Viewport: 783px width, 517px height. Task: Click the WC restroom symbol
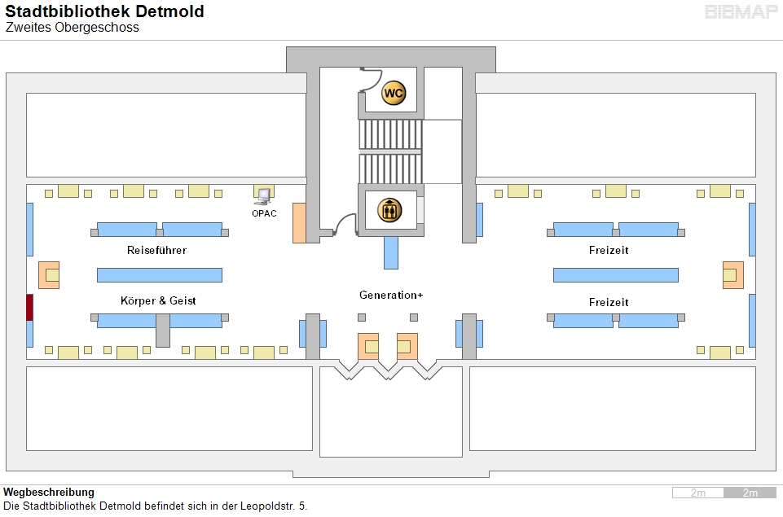tap(394, 93)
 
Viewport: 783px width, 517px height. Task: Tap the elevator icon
tap(389, 210)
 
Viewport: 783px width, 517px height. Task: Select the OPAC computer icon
tap(263, 195)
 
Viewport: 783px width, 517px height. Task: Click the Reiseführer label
tap(156, 250)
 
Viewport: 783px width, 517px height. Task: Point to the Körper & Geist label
tap(158, 300)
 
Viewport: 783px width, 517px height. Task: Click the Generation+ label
tap(391, 295)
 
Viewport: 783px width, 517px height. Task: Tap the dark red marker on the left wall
tap(29, 308)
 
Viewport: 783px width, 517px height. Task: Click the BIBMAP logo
tap(742, 12)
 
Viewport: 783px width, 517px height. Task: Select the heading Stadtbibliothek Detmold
tap(105, 11)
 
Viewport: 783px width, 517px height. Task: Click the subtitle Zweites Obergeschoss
tap(73, 28)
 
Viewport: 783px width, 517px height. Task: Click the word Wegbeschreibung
tap(49, 492)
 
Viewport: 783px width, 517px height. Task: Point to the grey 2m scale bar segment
tap(750, 493)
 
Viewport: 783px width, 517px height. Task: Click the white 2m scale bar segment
tap(698, 493)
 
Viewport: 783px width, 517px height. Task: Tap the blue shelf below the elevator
tap(391, 252)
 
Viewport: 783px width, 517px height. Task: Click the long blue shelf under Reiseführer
tap(160, 275)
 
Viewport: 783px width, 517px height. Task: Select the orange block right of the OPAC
tap(299, 223)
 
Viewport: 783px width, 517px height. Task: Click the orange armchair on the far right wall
tap(733, 275)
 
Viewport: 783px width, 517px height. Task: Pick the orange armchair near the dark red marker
tap(49, 275)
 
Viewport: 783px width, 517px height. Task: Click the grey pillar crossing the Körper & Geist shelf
tap(163, 331)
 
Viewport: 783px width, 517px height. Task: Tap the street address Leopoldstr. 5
tap(274, 506)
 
